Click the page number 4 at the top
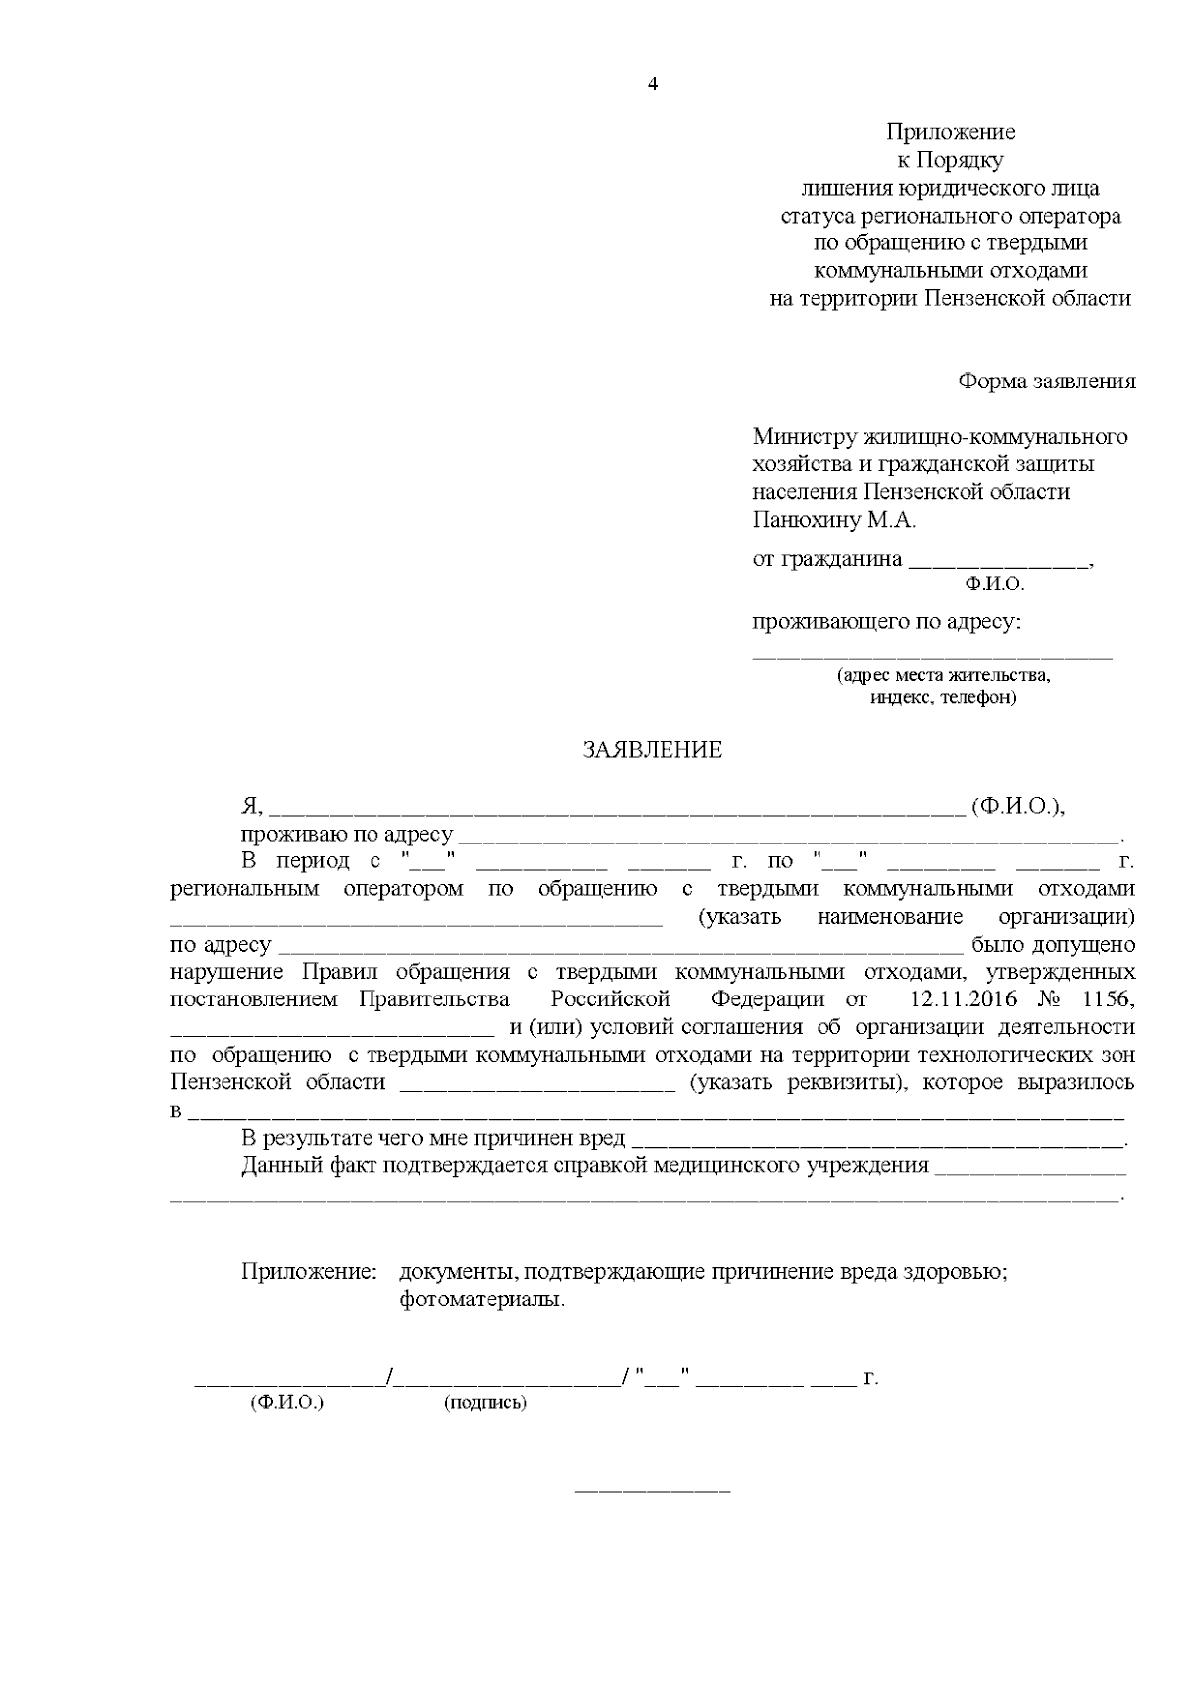pos(653,84)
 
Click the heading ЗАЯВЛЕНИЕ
pos(652,750)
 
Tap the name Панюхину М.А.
pos(834,519)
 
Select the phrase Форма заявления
pos(1046,382)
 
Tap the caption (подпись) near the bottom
pos(486,1403)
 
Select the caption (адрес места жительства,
pos(943,675)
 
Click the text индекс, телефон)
pos(943,697)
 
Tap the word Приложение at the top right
pos(951,132)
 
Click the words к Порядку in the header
pos(950,160)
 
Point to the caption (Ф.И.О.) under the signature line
pos(288,1403)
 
